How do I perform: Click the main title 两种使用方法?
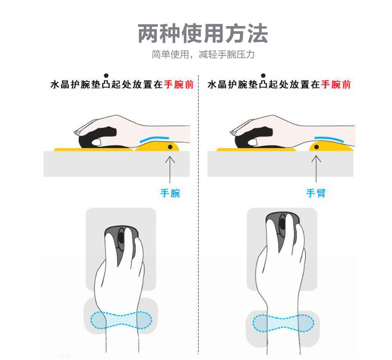click(203, 33)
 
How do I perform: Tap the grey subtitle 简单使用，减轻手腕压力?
click(203, 54)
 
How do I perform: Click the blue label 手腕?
click(170, 193)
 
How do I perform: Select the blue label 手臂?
click(316, 193)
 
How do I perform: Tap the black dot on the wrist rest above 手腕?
click(170, 148)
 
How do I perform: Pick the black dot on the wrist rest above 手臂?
click(316, 148)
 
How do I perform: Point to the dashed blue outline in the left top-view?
click(121, 319)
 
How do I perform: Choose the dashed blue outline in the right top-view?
click(284, 323)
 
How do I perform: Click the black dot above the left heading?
click(106, 75)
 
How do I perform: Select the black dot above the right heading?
click(263, 75)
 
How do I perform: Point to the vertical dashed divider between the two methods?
click(198, 209)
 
